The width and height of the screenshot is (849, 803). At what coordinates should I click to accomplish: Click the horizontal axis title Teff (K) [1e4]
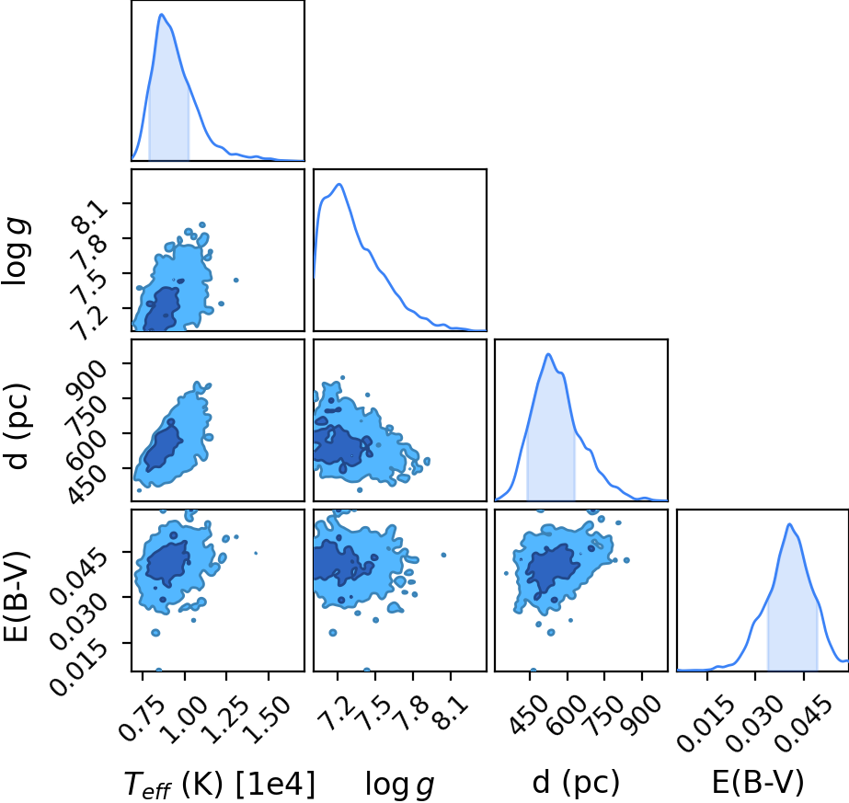coord(219,784)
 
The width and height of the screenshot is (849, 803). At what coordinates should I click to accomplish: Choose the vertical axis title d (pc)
coord(17,426)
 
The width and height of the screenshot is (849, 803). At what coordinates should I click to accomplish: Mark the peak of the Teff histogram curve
coord(161,14)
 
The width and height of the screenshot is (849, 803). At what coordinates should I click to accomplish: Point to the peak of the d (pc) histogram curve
coord(548,354)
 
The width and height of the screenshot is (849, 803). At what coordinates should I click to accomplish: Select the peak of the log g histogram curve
coord(340,184)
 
